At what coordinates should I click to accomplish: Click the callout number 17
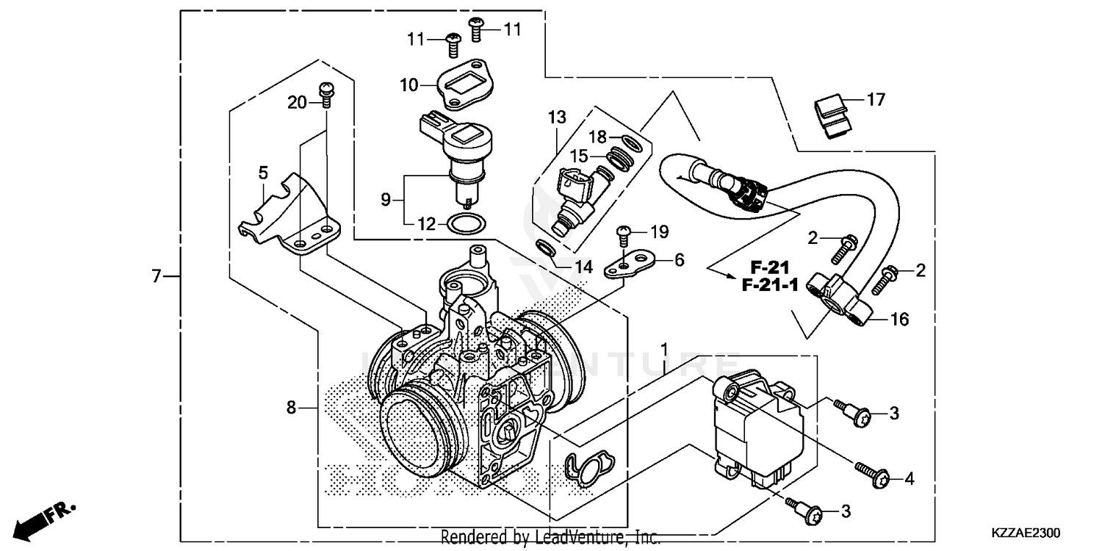tap(876, 99)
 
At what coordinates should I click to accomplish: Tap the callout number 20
tap(297, 104)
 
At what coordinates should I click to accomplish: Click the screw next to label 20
tap(324, 93)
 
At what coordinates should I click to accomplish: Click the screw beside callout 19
tap(623, 235)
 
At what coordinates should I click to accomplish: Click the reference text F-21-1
tap(769, 286)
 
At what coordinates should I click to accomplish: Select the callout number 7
tap(155, 277)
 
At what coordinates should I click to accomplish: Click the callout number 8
tap(291, 407)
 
